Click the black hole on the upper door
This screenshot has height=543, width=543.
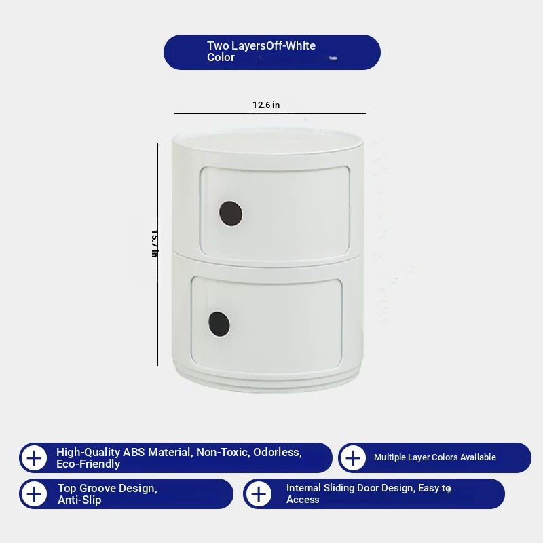pos(231,213)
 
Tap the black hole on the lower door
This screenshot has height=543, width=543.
pos(219,324)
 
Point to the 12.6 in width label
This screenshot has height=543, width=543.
pos(266,105)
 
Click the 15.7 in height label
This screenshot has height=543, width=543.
pos(155,244)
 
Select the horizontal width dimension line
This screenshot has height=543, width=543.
pos(269,113)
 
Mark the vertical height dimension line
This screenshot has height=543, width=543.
pos(157,254)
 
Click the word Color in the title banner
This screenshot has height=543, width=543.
pos(221,57)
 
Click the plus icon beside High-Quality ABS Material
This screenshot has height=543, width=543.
pos(34,458)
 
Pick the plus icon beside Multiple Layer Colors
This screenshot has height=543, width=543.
pos(353,458)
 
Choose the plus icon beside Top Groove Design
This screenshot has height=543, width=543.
pos(34,494)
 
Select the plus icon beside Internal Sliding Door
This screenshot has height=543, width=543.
pos(259,494)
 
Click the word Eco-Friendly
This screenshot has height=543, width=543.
pos(88,464)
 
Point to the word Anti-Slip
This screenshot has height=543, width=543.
pos(79,500)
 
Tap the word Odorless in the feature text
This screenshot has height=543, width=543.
pos(278,452)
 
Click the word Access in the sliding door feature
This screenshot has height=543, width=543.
pos(303,500)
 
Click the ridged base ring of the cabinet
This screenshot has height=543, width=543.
pos(267,380)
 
